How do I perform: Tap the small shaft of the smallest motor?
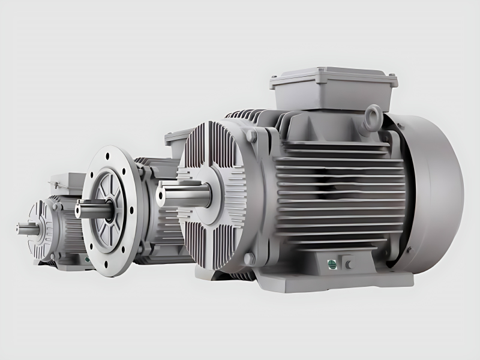(x=28, y=228)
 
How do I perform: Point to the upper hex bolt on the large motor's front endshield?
(x=250, y=137)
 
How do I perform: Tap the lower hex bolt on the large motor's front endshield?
(x=250, y=258)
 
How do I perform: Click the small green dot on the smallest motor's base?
(x=86, y=259)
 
